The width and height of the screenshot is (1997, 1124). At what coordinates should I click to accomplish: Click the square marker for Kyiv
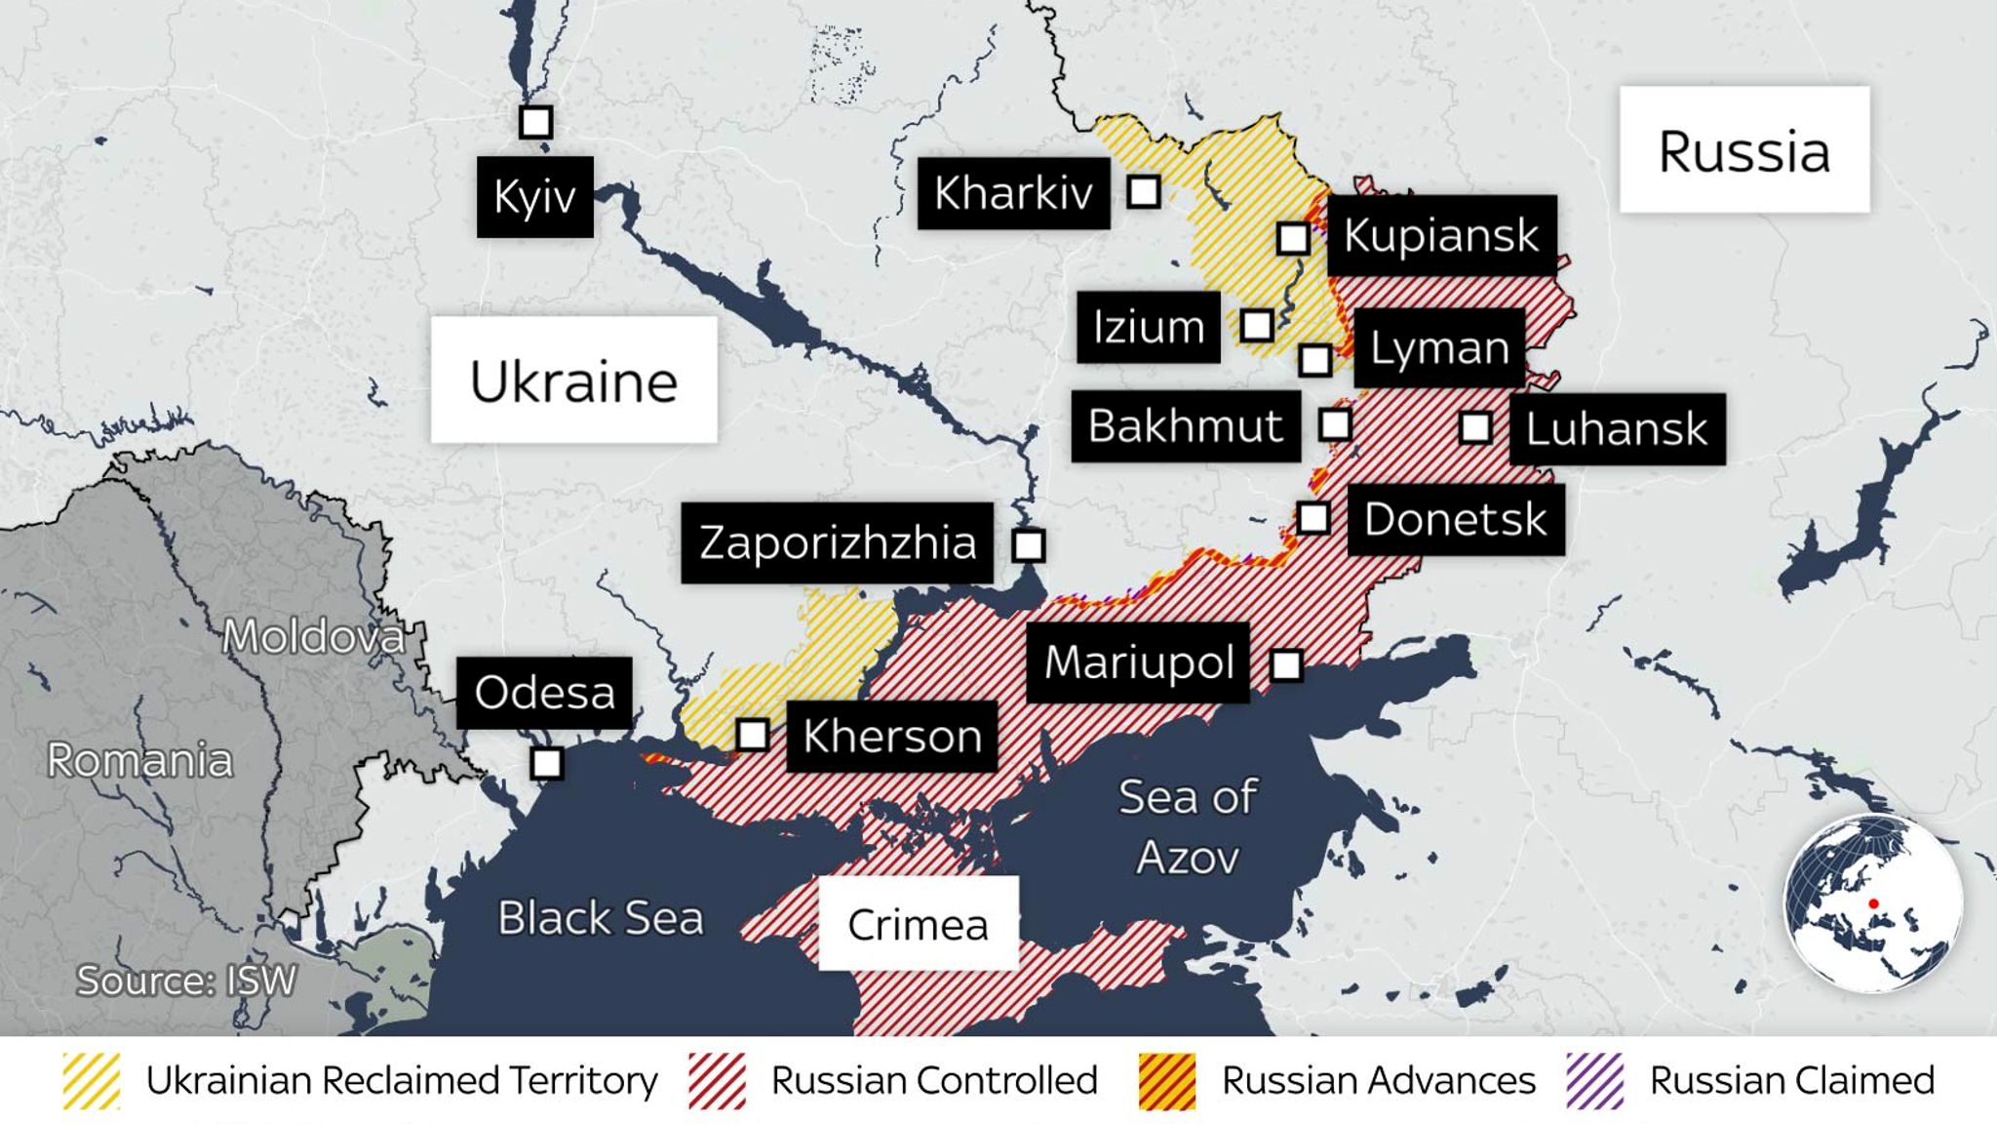535,122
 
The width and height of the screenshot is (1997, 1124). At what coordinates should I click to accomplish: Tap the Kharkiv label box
1013,193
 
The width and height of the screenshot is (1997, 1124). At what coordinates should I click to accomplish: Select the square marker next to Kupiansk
1293,238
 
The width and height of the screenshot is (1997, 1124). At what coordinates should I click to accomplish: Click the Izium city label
1148,327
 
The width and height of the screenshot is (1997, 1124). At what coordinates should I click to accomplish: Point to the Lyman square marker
1314,360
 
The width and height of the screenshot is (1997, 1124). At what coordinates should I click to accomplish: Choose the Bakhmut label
1185,426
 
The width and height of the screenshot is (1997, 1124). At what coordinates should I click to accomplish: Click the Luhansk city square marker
1474,427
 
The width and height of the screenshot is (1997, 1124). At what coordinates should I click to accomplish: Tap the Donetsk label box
1455,519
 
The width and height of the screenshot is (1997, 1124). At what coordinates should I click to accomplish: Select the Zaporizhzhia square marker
1029,545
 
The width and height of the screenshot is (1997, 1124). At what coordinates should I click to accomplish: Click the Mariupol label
1138,662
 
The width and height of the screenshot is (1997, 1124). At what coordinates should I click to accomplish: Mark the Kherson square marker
752,735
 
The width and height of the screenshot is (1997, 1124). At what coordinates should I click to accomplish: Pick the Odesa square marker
547,763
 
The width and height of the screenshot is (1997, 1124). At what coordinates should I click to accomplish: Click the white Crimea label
918,923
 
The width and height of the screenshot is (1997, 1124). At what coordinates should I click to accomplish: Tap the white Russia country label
1743,150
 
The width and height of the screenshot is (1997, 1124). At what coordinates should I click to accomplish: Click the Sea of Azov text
1187,826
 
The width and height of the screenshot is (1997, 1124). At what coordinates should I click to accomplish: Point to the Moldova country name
313,637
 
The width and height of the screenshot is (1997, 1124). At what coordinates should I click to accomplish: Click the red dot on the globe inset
1873,904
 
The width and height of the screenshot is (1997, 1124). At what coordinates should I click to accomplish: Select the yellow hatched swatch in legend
91,1081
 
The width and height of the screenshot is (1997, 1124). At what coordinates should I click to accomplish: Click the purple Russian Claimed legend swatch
1594,1081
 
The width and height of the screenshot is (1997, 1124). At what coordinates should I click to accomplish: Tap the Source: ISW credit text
186,981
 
